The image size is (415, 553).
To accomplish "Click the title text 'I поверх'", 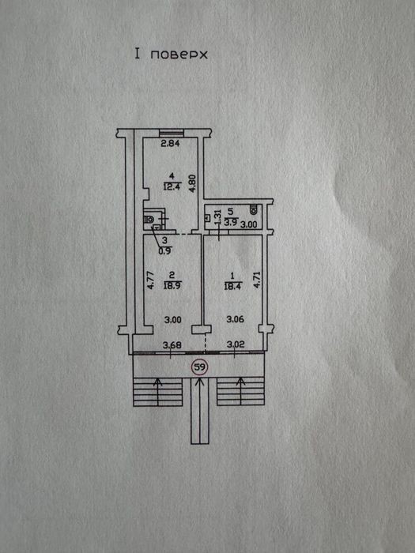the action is (172, 55).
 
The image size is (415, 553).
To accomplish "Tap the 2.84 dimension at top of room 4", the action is (171, 143).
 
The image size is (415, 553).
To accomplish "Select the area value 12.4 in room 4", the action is (172, 186).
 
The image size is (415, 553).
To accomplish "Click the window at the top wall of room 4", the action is (172, 133).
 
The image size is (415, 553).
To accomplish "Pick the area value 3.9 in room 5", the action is (231, 223).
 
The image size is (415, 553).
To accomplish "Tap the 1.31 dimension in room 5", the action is (217, 217).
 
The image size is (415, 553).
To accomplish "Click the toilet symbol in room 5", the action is (254, 209).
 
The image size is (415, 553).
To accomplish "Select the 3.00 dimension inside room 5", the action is (248, 224).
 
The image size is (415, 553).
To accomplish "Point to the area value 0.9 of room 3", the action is (165, 250).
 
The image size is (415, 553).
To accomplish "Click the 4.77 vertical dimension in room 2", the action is (150, 280).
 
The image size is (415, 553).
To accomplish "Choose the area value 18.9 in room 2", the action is (172, 285).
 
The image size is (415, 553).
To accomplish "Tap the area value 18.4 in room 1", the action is (232, 286).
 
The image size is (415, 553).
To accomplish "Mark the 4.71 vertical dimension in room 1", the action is (257, 280).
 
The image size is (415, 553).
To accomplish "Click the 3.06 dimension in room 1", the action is (235, 319).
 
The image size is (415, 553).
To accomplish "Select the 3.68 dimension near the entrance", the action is (172, 344).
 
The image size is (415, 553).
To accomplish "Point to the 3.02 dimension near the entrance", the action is (236, 344).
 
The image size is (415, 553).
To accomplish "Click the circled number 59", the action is (200, 367).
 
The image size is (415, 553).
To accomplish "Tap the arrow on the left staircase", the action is (158, 392).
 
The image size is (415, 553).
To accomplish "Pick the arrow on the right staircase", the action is (241, 391).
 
